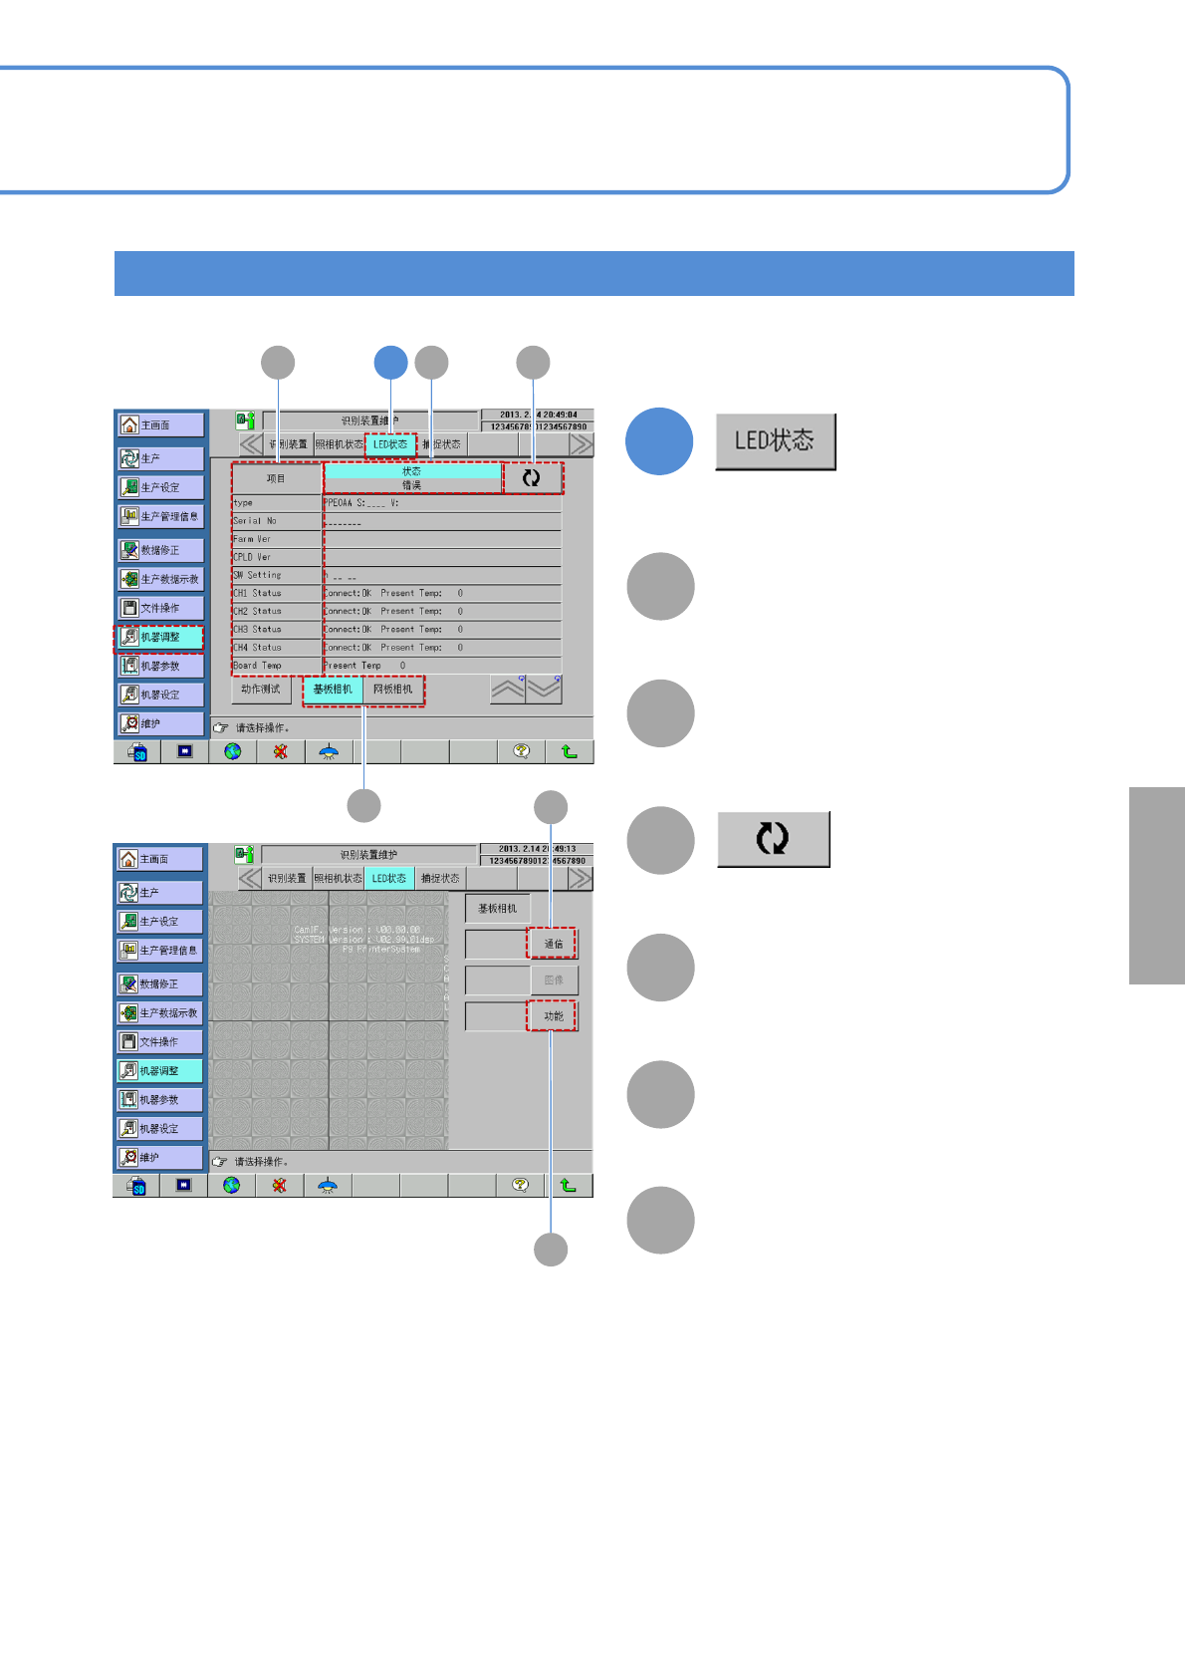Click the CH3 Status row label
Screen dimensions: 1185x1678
pyautogui.click(x=258, y=630)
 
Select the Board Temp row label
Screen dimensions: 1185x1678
pyautogui.click(x=258, y=666)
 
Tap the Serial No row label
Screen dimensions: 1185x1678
pyautogui.click(x=255, y=521)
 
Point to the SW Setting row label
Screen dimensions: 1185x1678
pyautogui.click(x=258, y=575)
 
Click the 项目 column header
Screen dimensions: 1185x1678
pyautogui.click(x=276, y=479)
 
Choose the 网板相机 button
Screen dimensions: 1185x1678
pyautogui.click(x=393, y=690)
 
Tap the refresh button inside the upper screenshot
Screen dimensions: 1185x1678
pyautogui.click(x=532, y=478)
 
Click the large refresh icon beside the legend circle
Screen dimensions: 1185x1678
pyautogui.click(x=773, y=839)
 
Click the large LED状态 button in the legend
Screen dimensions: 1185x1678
pyautogui.click(x=775, y=441)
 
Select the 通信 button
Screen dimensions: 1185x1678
pyautogui.click(x=553, y=944)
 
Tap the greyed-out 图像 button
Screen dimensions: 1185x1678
pyautogui.click(x=553, y=979)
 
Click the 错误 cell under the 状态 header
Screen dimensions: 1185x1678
pyautogui.click(x=411, y=485)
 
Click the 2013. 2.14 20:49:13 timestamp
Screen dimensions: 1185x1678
pyautogui.click(x=537, y=849)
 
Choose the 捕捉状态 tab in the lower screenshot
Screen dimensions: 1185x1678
pyautogui.click(x=440, y=879)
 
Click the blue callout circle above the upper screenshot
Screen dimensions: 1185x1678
pyautogui.click(x=391, y=363)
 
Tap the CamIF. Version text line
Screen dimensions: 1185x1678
pyautogui.click(x=356, y=930)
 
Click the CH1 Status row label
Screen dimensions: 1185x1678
pyautogui.click(x=258, y=593)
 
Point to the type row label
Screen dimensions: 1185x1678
pyautogui.click(x=244, y=503)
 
